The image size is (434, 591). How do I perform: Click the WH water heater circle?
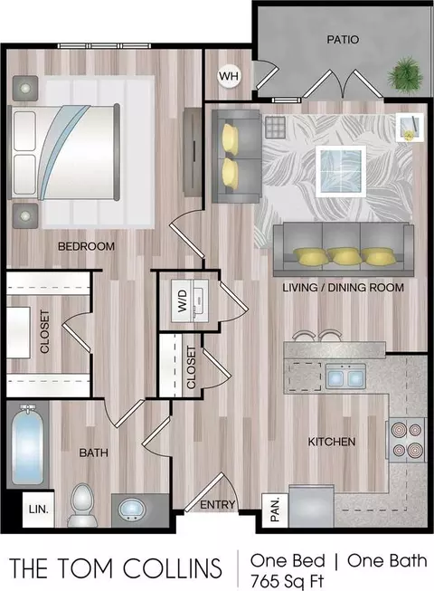(229, 77)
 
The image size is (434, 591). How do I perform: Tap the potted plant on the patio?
(406, 73)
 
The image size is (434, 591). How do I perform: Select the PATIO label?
(343, 40)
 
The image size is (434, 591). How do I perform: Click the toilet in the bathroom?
(81, 505)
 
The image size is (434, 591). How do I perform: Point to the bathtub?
(27, 444)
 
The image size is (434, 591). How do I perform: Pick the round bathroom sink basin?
(132, 509)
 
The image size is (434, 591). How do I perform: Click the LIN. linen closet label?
(38, 510)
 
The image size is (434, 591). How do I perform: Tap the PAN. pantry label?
(275, 510)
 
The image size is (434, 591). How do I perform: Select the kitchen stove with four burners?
(406, 440)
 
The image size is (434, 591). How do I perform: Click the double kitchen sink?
(345, 377)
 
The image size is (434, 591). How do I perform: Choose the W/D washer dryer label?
(183, 300)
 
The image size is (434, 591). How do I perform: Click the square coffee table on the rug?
(341, 171)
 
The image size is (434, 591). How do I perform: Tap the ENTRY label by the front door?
(218, 505)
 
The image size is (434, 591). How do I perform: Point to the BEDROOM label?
(86, 246)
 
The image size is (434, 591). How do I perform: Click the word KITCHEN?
(332, 442)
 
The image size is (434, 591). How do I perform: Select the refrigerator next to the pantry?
(312, 506)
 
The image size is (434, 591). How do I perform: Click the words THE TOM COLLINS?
(115, 568)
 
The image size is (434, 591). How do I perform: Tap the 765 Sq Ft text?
(287, 581)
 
